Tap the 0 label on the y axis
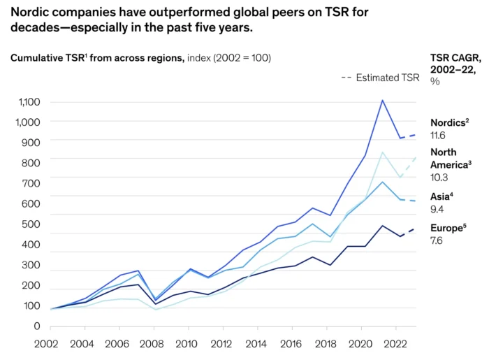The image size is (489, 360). click(x=37, y=326)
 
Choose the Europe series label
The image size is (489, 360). click(x=448, y=228)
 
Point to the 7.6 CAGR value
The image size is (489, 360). click(x=437, y=241)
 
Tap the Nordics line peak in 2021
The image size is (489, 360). click(x=382, y=100)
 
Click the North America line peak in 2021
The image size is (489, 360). click(x=382, y=152)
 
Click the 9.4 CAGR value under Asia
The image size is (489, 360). click(x=437, y=209)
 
